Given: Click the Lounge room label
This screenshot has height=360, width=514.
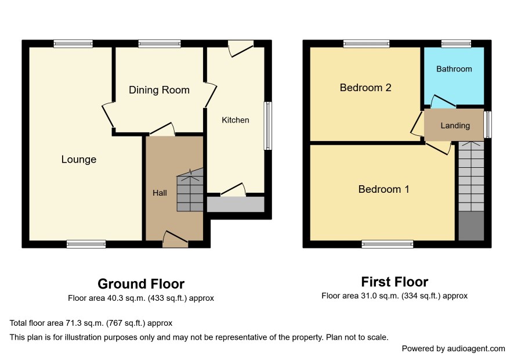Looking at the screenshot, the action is click(x=79, y=160).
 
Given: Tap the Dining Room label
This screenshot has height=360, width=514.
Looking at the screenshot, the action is click(x=159, y=90).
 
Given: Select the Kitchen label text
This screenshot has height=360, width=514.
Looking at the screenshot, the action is click(x=236, y=120).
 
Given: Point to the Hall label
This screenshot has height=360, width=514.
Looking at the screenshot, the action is click(x=160, y=193).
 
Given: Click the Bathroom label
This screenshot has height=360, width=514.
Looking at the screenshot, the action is click(x=454, y=69).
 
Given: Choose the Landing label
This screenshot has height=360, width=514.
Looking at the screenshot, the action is click(x=455, y=125).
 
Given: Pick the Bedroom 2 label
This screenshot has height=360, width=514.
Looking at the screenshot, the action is click(x=365, y=88).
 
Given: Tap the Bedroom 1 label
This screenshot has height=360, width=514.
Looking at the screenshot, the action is click(x=383, y=189).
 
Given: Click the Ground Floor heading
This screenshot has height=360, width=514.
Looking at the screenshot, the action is click(x=141, y=284).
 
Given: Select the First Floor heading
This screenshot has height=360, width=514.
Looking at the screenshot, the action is click(x=394, y=282).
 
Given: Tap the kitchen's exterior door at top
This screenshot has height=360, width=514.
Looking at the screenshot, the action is click(x=241, y=48).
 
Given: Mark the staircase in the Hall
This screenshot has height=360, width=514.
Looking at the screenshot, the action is click(x=190, y=190).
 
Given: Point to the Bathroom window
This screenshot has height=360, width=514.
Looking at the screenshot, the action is click(x=456, y=44).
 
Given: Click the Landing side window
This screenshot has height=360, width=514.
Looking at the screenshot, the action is click(x=488, y=124).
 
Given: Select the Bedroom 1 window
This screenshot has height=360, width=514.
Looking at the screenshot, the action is click(x=388, y=244).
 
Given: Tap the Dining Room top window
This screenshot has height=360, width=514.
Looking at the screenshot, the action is click(x=160, y=44).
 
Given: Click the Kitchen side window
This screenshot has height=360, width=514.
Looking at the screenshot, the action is click(x=268, y=125).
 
